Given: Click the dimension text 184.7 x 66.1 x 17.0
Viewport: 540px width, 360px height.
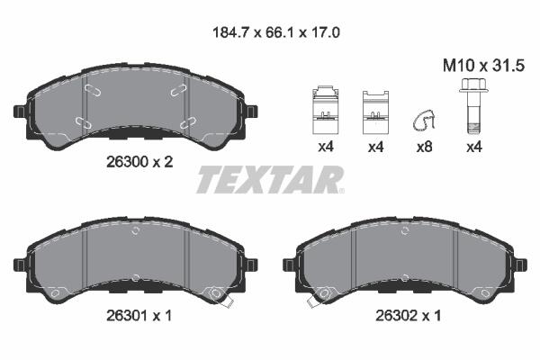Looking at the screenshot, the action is (276, 33).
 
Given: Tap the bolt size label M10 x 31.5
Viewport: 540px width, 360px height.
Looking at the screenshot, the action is (483, 66).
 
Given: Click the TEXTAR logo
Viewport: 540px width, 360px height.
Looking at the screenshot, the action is (270, 179).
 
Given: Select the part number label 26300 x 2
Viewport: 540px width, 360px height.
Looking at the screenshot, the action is (139, 162).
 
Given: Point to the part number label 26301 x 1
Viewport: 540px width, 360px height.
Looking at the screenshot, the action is (139, 316).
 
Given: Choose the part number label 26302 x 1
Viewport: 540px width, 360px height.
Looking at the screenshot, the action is (408, 316).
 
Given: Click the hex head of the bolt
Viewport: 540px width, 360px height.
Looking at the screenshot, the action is (473, 86).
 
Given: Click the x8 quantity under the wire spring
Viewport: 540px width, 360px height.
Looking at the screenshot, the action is (424, 148).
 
